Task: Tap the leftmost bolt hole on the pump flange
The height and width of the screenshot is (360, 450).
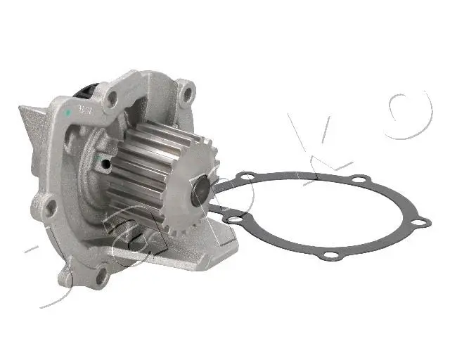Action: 50,207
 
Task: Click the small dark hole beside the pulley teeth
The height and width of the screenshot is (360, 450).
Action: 105,165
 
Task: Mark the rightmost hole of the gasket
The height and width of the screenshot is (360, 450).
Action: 420,223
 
